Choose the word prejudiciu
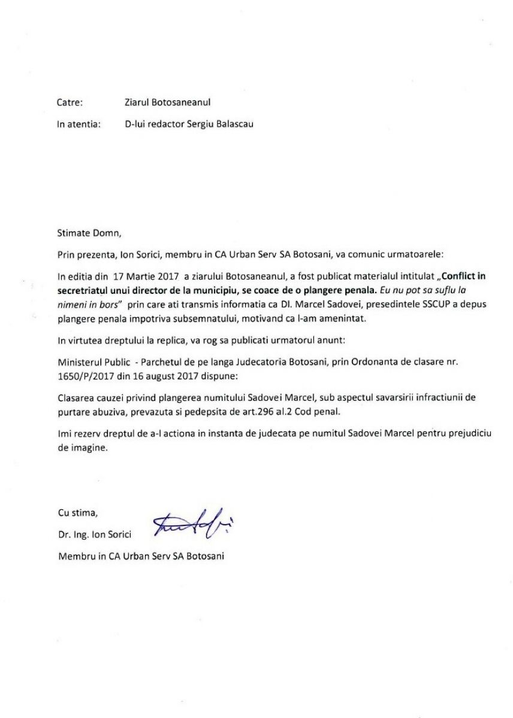click(x=469, y=433)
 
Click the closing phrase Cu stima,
click(x=77, y=512)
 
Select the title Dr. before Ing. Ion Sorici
click(x=64, y=534)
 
